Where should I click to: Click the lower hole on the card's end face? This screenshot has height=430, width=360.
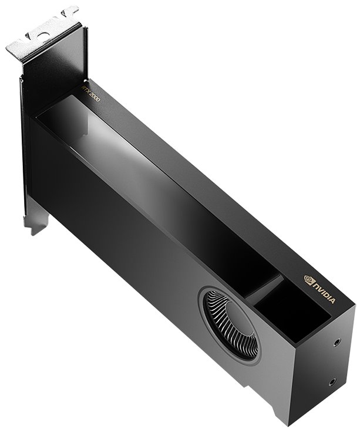pyautogui.click(x=334, y=382)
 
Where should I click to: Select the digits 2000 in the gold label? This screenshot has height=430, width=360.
pyautogui.click(x=93, y=96)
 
